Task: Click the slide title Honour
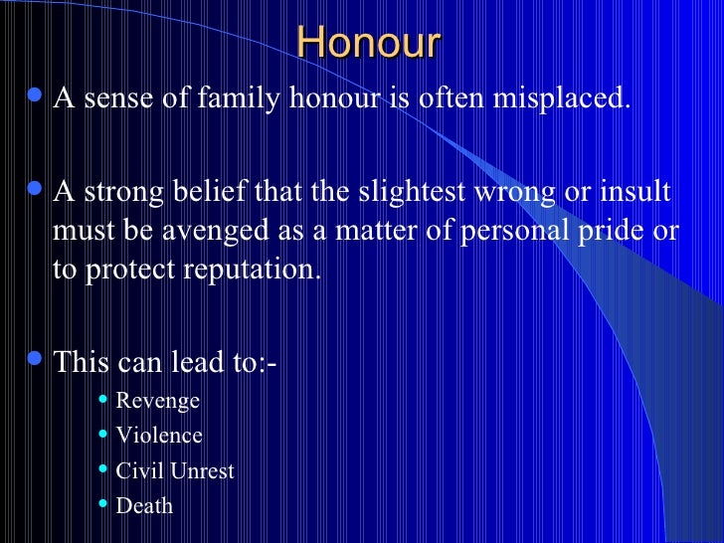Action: tap(368, 44)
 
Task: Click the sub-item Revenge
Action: tap(157, 401)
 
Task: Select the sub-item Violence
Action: tap(159, 436)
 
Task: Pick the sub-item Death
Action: tap(144, 505)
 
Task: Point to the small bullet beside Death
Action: tap(104, 503)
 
